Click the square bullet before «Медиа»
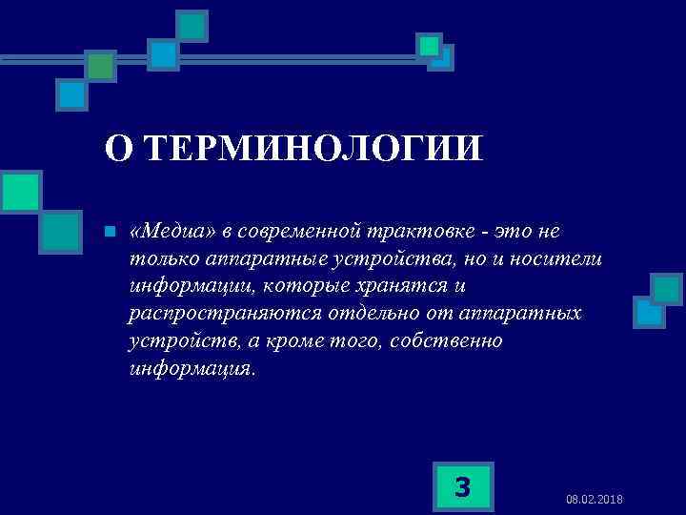pyautogui.click(x=110, y=232)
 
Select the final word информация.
pyautogui.click(x=191, y=368)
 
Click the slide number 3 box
pyautogui.click(x=462, y=486)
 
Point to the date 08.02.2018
pyautogui.click(x=594, y=500)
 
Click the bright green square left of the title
pyautogui.click(x=20, y=191)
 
